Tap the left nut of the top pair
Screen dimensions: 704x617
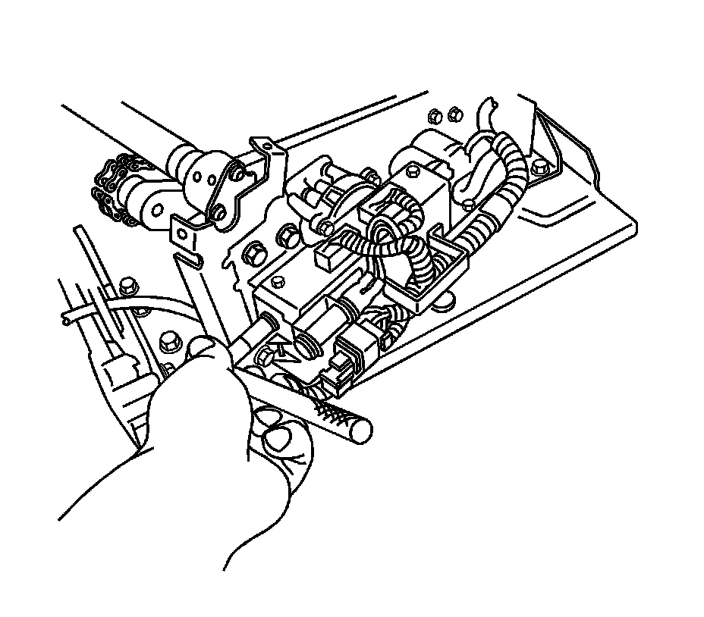(435, 116)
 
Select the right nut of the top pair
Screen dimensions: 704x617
(453, 114)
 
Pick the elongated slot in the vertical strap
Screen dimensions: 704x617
(192, 262)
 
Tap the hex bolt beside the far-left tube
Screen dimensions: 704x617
(126, 286)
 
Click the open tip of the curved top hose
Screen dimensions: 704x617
(489, 101)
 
